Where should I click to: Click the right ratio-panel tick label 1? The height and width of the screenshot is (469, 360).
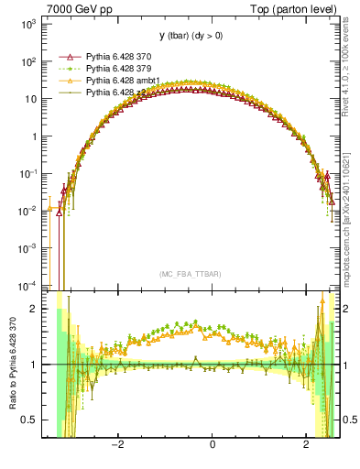(x=346, y=365)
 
